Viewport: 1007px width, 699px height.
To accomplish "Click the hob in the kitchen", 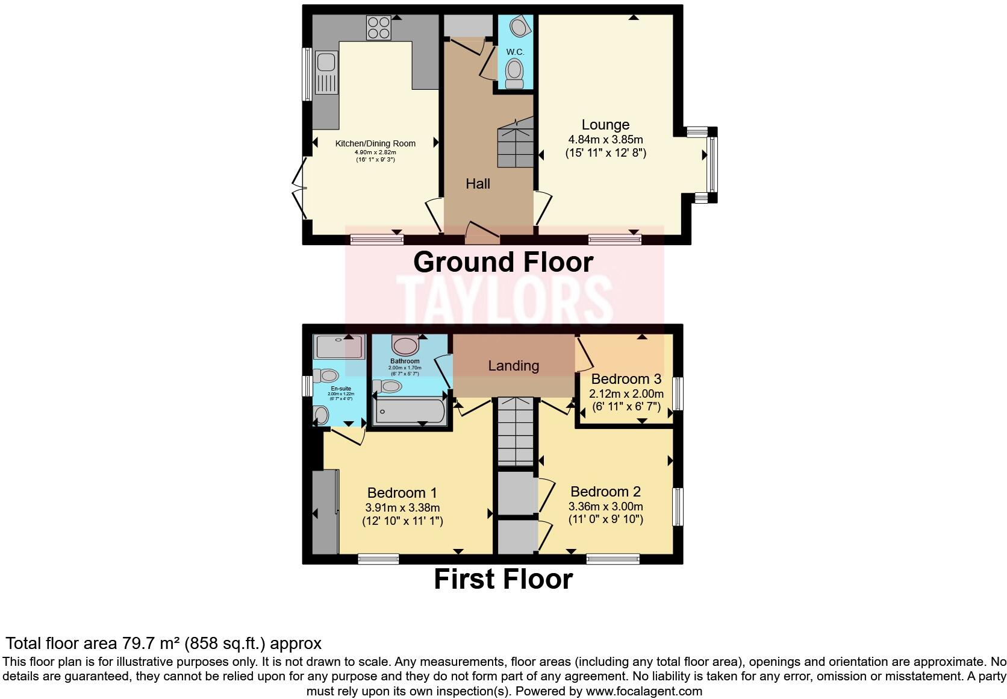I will coord(378,28).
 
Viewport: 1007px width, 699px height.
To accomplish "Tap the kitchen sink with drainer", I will coord(326,73).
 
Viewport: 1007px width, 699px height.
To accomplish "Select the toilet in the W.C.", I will coord(514,72).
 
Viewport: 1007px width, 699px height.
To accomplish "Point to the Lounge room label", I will coord(605,125).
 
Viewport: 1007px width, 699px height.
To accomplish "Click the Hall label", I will coord(478,184).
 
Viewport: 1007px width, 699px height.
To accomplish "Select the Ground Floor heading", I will coord(503,262).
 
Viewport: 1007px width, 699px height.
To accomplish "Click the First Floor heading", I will coord(503,579).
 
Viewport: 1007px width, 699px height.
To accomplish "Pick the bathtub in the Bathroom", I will coord(410,412).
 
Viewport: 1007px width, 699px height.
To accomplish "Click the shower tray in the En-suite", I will coord(339,346).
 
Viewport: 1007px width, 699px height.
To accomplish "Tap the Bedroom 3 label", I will coord(626,379).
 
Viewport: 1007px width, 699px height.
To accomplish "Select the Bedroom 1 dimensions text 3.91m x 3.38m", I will coord(402,507).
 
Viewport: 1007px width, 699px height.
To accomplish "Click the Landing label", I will coord(513,366).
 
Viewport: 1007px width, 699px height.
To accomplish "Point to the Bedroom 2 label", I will coord(605,492).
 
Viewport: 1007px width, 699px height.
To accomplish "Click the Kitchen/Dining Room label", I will coord(375,143).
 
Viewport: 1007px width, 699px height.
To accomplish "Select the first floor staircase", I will coord(515,431).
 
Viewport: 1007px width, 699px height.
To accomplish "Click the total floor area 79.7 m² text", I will coord(163,643).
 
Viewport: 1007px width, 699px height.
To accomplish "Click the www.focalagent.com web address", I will coord(644,691).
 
